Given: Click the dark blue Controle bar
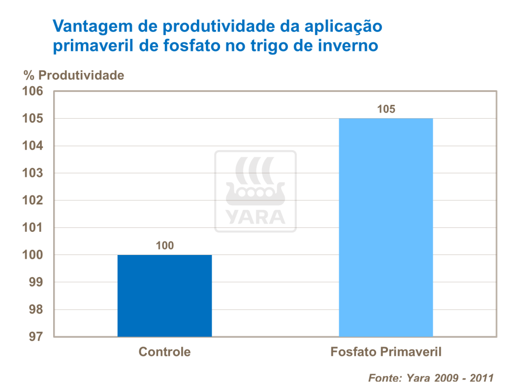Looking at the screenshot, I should [164, 295].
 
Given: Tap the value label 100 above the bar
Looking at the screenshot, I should [164, 245].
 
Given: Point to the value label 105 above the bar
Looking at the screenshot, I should [386, 109].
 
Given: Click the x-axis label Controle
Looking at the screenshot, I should [164, 352].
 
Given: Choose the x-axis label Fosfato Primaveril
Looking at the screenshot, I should [386, 352].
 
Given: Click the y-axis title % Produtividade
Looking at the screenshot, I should [74, 75].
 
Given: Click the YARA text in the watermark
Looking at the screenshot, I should [255, 217].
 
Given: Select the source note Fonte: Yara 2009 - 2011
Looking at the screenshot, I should [431, 378].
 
